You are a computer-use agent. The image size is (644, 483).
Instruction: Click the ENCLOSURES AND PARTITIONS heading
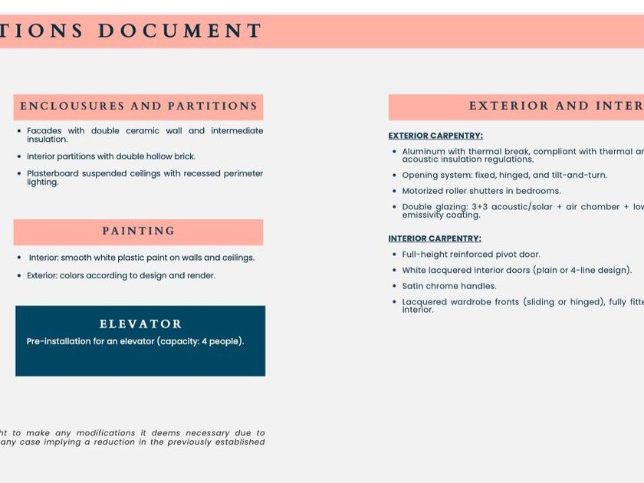coord(138,107)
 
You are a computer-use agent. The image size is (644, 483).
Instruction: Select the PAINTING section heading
coord(138,231)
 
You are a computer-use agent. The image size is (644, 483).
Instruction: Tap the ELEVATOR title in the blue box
coord(140,324)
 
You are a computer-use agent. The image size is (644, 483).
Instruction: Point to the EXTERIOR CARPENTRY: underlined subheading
coord(435,136)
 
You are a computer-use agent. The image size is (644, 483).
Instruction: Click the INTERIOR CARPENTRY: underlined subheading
coord(435,238)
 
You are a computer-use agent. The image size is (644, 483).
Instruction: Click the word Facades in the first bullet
coord(44,131)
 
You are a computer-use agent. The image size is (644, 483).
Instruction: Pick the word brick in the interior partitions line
coord(182,156)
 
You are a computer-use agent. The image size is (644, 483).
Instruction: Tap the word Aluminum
coord(424,152)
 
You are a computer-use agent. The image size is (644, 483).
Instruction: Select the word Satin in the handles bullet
coord(414,286)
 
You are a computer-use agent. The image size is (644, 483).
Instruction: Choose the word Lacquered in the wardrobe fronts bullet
coord(424,302)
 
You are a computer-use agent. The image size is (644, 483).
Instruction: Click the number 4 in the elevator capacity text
coord(204,341)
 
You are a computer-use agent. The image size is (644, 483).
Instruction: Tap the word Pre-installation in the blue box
coord(58,341)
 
